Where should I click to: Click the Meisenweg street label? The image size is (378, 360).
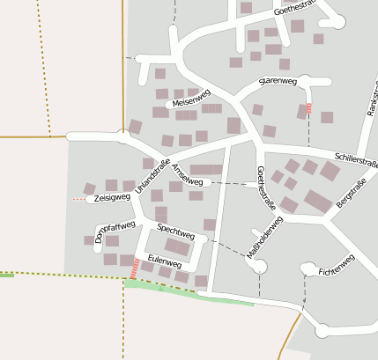pos(193,102)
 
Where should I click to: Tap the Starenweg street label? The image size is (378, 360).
pos(278,81)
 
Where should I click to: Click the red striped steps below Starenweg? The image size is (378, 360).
pos(308,108)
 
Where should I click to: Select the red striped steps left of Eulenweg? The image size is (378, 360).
pos(134,268)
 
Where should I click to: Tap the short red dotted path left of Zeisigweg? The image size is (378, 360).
pos(79,201)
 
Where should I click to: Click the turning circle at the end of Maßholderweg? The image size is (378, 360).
pos(259,271)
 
